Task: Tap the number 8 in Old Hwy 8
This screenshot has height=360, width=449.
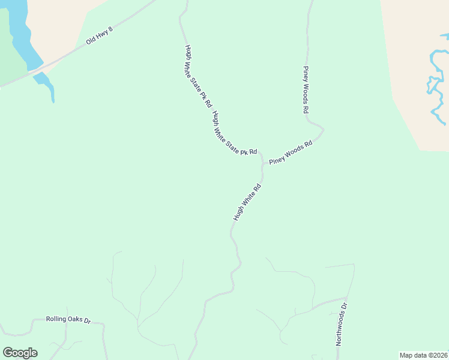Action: [110, 29]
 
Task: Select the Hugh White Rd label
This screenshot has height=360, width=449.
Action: [247, 203]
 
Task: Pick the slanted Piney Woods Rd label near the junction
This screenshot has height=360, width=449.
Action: [291, 152]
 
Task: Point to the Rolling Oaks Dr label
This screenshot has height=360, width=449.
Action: [68, 320]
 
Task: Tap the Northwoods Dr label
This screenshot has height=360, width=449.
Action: [341, 325]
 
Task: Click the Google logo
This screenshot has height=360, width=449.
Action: [20, 353]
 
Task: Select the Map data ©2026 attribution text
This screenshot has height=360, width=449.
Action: [424, 355]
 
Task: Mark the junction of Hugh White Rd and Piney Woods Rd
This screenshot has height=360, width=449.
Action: [262, 162]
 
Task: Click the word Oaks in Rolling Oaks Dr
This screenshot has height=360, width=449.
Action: [74, 320]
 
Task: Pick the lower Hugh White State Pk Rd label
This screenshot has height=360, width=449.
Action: [234, 134]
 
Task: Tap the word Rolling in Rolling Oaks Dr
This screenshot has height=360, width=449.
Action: [56, 319]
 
